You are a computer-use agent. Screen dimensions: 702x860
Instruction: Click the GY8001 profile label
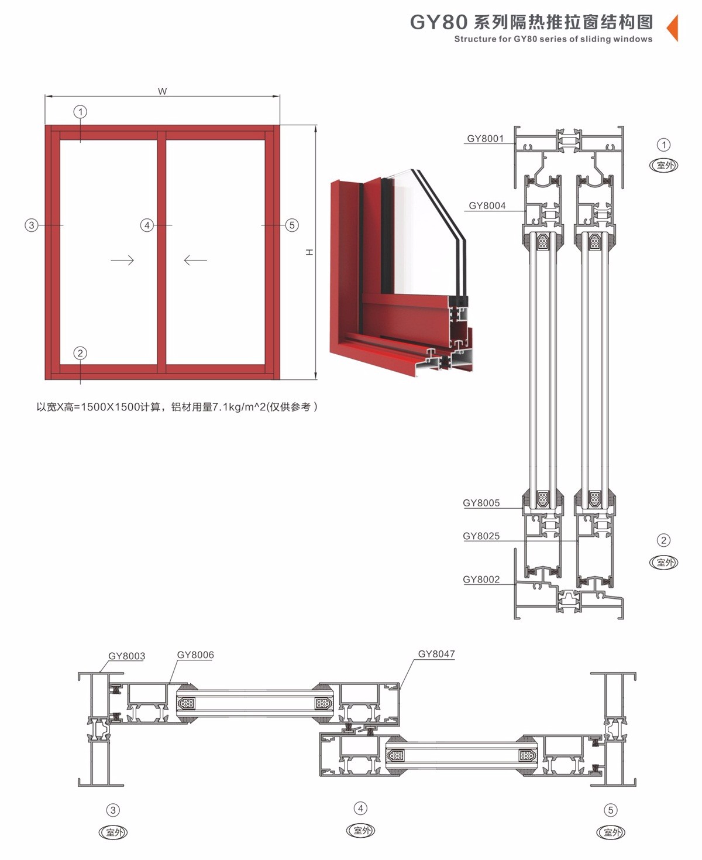(485, 139)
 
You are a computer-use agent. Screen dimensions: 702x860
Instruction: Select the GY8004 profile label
(487, 205)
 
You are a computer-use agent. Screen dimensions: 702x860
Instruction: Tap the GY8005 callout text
(481, 503)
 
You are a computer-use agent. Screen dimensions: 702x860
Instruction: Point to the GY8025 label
(481, 536)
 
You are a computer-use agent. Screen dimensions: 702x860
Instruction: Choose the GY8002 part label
(481, 579)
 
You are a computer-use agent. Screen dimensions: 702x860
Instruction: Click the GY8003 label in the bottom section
(127, 656)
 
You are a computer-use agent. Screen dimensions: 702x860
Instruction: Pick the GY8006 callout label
(195, 655)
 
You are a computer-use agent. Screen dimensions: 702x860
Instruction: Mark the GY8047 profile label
(436, 654)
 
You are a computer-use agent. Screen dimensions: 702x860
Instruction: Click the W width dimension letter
(162, 91)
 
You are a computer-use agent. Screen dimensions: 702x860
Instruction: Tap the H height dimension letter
(309, 252)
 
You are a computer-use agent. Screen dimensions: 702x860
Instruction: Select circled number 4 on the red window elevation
(147, 225)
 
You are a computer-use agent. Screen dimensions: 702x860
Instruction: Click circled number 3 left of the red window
(32, 225)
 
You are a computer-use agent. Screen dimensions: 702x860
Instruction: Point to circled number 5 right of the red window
(292, 225)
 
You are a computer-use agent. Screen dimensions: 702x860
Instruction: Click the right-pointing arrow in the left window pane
(122, 260)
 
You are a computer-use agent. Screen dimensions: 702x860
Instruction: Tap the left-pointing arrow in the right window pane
(195, 260)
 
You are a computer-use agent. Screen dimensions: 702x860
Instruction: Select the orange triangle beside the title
(673, 28)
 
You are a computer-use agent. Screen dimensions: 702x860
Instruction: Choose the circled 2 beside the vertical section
(664, 540)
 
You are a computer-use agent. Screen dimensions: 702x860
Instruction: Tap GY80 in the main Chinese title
(438, 22)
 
